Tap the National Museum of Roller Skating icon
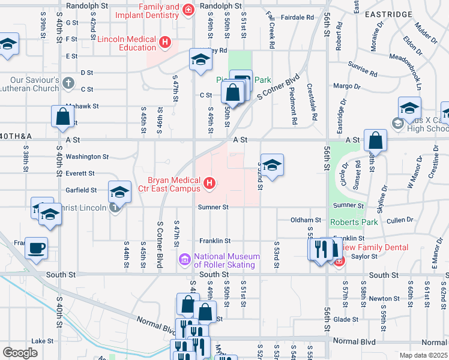pyautogui.click(x=184, y=260)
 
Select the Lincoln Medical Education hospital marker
pyautogui.click(x=165, y=43)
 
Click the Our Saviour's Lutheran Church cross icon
pyautogui.click(x=68, y=83)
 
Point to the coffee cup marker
pyautogui.click(x=37, y=248)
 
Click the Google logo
pyautogui.click(x=20, y=352)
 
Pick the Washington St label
pyautogui.click(x=87, y=157)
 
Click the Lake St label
pyautogui.click(x=43, y=341)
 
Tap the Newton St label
pyautogui.click(x=384, y=298)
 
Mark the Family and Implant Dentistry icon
pyautogui.click(x=188, y=10)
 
